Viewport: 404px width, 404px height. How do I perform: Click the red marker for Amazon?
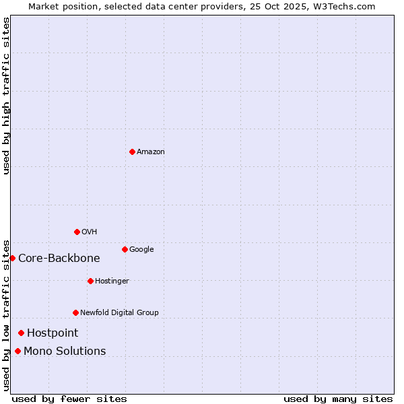point(132,151)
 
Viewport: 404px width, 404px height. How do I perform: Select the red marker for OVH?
point(77,232)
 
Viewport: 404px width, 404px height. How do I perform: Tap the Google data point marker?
point(125,249)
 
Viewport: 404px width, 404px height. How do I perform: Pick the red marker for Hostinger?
point(90,281)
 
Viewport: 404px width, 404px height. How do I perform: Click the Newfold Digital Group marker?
point(75,312)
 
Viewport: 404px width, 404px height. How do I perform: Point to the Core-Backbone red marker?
point(12,258)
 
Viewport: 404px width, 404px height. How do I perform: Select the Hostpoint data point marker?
point(21,333)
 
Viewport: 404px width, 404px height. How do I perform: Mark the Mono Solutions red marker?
point(18,351)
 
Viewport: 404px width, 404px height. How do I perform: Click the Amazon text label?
point(151,152)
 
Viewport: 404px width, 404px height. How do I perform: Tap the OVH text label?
point(90,232)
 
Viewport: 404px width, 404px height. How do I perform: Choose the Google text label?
point(141,250)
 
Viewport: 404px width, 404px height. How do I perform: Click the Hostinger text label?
point(112,281)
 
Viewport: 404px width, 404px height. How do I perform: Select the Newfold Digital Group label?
point(119,313)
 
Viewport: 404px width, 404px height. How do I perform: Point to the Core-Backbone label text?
point(59,259)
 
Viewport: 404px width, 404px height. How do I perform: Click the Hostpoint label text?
point(53,333)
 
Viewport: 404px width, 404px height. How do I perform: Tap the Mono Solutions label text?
point(65,351)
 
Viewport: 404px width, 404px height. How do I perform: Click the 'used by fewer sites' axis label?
point(69,399)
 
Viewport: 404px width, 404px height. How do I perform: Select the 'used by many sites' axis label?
point(338,399)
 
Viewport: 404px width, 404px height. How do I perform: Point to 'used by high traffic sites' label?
point(6,96)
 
